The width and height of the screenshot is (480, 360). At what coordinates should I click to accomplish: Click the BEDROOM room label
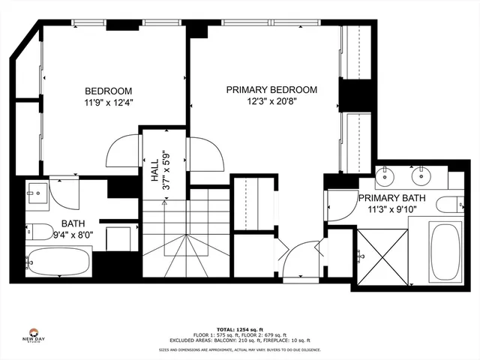(108, 91)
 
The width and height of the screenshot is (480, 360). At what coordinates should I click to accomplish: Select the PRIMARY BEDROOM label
(271, 89)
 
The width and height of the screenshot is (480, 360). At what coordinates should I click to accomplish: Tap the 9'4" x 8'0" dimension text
(73, 234)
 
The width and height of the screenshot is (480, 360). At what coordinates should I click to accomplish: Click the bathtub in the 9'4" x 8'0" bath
(58, 262)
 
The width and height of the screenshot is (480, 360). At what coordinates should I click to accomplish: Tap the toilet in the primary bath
(449, 204)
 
